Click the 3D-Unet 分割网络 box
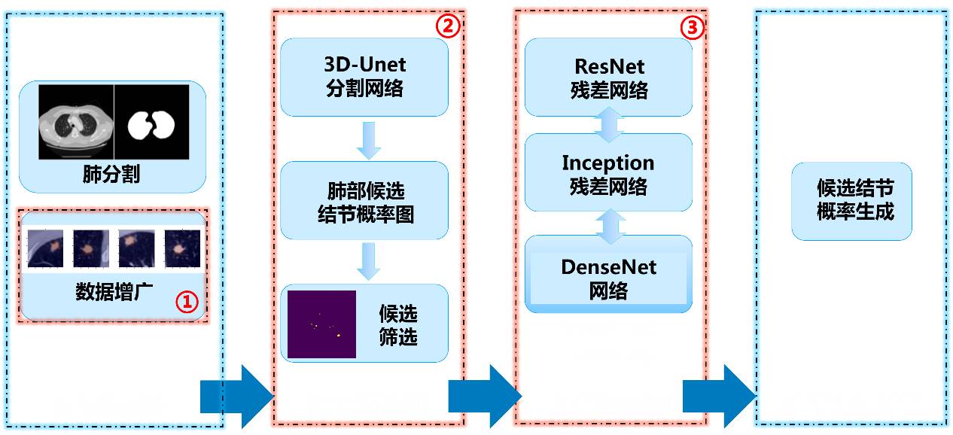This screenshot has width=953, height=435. pyautogui.click(x=364, y=77)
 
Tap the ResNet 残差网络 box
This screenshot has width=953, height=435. pyautogui.click(x=608, y=78)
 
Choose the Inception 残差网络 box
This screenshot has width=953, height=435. pyautogui.click(x=608, y=173)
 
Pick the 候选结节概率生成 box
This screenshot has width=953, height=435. pyautogui.click(x=851, y=200)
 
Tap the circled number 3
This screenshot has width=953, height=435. pyautogui.click(x=692, y=28)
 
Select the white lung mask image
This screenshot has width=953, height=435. pyautogui.click(x=151, y=121)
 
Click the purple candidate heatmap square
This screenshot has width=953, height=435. pyautogui.click(x=321, y=324)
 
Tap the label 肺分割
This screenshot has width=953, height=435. pyautogui.click(x=111, y=176)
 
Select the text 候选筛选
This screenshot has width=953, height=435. pyautogui.click(x=398, y=324)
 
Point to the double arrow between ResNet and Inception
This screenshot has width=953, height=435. pyautogui.click(x=608, y=125)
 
